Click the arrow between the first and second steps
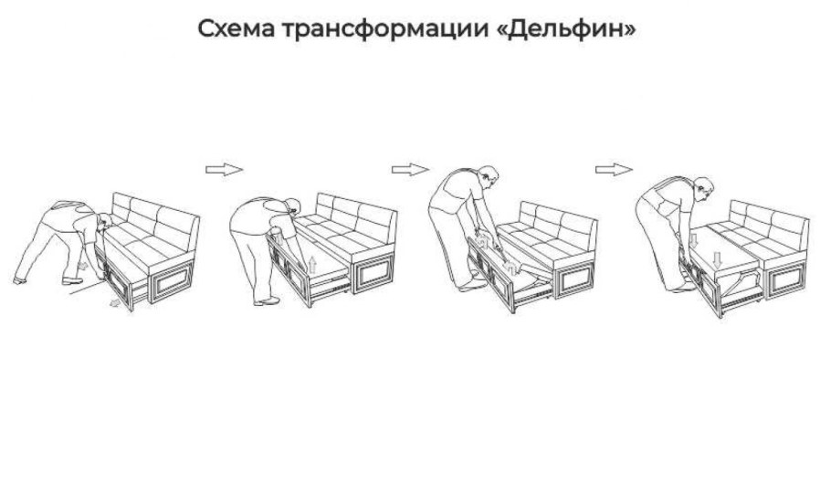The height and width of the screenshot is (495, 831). (224, 169)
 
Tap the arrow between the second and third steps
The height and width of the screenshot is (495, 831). (410, 169)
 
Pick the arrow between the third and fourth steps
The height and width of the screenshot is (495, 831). (614, 169)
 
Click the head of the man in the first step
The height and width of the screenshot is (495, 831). (103, 222)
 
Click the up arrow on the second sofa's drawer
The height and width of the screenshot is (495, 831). (312, 266)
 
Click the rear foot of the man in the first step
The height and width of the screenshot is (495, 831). (20, 279)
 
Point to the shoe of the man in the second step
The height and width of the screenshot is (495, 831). (267, 301)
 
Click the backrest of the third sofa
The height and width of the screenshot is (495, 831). (557, 219)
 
